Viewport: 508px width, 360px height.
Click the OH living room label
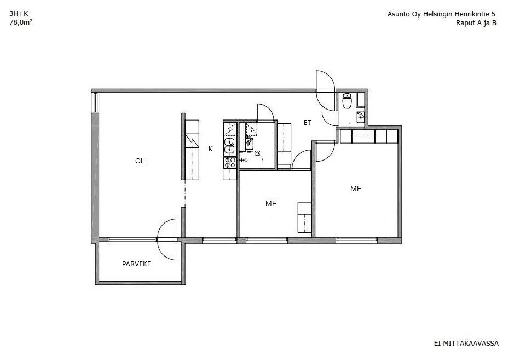point(140,161)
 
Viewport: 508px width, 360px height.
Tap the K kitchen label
point(211,149)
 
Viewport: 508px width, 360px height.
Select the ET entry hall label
point(308,123)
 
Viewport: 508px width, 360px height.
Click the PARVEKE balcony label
point(136,264)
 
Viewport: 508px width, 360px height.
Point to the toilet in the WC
point(347,100)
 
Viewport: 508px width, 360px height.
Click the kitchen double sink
point(230,146)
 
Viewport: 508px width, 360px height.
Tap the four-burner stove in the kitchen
point(230,163)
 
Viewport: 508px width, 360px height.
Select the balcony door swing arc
point(166,239)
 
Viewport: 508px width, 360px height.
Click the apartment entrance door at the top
point(325,91)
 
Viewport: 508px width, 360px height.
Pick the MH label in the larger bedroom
point(356,188)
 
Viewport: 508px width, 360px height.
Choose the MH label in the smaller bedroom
point(271,204)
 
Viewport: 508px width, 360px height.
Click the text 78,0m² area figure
point(21,22)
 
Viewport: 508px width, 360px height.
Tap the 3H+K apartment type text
point(19,14)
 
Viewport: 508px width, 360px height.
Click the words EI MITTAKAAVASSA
point(466,344)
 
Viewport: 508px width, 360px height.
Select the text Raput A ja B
point(476,23)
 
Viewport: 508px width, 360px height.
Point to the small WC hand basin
point(361,117)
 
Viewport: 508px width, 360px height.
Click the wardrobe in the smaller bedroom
point(304,218)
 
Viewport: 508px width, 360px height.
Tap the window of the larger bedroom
point(357,241)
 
